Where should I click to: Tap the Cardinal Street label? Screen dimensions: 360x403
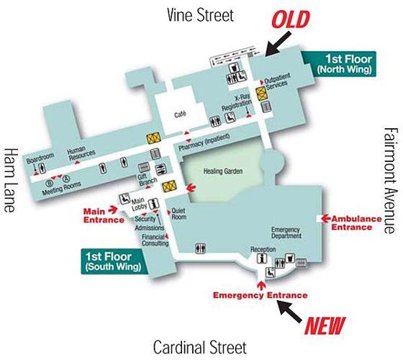pyautogui.click(x=199, y=347)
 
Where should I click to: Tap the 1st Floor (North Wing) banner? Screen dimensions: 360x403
pyautogui.click(x=348, y=64)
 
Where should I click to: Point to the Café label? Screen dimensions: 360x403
pyautogui.click(x=181, y=114)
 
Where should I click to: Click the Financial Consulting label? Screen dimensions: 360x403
pyautogui.click(x=154, y=240)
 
